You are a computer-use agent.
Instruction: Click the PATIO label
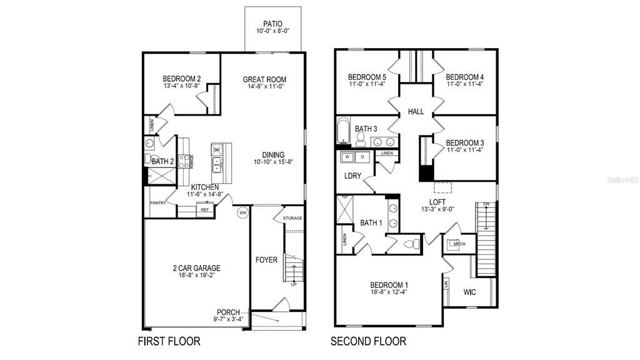point(272,23)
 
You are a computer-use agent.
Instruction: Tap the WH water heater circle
point(242,212)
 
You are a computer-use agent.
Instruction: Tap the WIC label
point(470,292)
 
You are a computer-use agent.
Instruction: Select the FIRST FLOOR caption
point(169,341)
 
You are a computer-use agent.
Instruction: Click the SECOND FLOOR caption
point(369,341)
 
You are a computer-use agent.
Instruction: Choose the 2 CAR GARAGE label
point(197,268)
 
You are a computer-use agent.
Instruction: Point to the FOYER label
point(266,260)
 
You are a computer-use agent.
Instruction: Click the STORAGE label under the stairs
point(292,218)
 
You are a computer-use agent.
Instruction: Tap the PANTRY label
point(157,203)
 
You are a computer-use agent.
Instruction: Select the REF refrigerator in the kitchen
point(204,211)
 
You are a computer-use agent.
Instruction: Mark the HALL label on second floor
point(416,112)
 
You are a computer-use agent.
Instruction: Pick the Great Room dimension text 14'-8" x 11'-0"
point(264,87)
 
